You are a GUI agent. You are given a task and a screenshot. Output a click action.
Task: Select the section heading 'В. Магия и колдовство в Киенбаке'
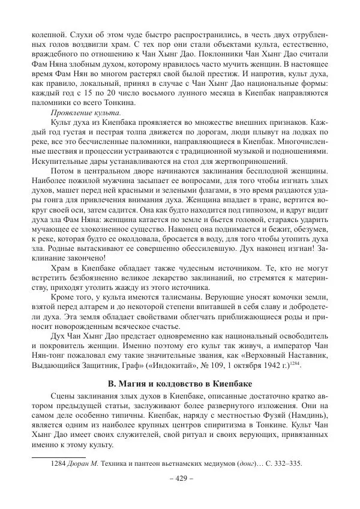point(179,366)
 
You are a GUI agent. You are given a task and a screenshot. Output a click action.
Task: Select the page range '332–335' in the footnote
point(287,463)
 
